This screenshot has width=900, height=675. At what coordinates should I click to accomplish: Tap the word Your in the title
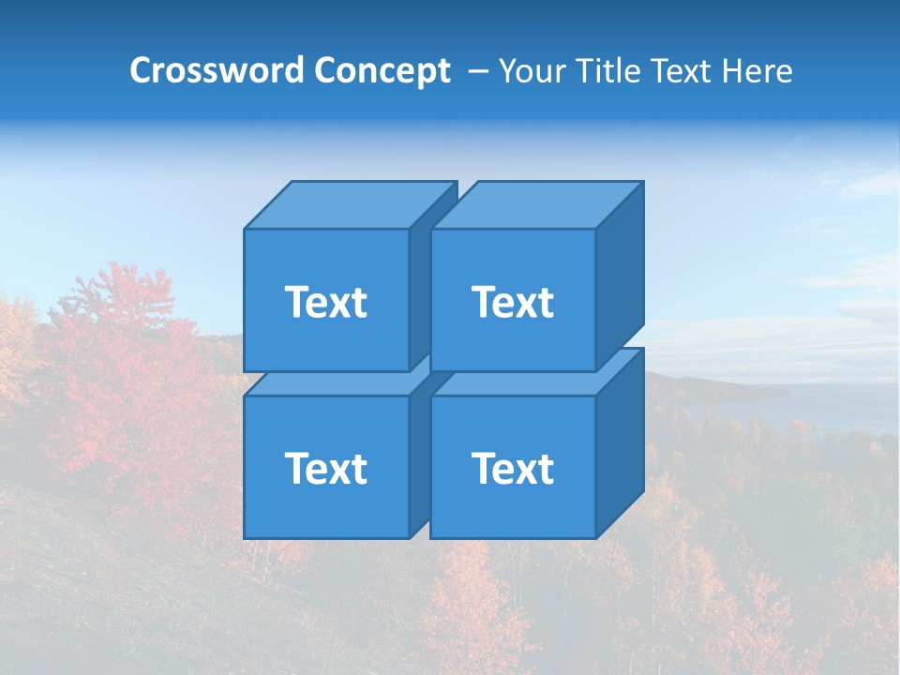[532, 71]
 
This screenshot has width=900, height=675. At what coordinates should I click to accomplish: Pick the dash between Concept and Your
[477, 71]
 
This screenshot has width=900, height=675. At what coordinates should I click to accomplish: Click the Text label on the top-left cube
[325, 302]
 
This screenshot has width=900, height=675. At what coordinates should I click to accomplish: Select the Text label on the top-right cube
[512, 302]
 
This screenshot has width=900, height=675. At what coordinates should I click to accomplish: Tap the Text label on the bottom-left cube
[325, 468]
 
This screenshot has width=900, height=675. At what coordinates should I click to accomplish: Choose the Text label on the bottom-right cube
[512, 468]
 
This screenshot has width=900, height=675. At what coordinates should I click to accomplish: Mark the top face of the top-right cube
[536, 205]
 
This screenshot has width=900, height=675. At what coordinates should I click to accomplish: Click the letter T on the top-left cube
[295, 302]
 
